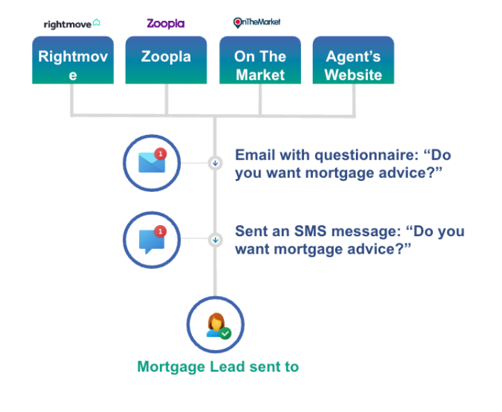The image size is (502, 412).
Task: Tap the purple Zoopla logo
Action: coord(165,24)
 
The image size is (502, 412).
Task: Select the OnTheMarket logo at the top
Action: coord(257,22)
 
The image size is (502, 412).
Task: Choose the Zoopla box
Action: coord(165,60)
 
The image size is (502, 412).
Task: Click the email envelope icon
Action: coord(151,163)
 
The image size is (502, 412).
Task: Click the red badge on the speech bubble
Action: coord(161,231)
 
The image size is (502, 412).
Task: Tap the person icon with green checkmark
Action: coord(216,324)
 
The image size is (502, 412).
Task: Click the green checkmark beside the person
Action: coord(225,333)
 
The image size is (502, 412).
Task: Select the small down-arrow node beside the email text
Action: coord(215,163)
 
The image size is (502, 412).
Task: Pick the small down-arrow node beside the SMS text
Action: coord(215,240)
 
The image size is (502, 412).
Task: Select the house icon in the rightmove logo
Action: coord(97,23)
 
